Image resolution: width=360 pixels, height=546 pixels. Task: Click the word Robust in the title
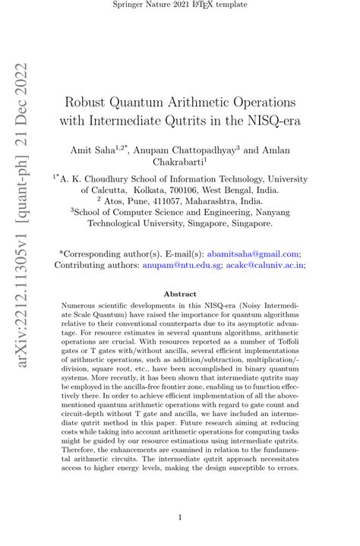(91, 101)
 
